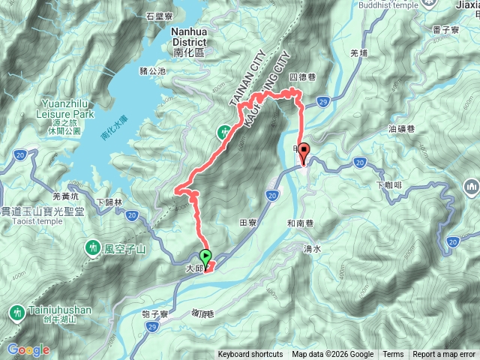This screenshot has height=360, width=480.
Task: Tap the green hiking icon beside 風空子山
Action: coord(92,246)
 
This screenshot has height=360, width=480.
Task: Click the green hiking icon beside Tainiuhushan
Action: coord(16,310)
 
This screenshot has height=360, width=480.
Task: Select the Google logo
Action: coord(28,349)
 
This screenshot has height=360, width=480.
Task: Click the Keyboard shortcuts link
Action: coord(250,355)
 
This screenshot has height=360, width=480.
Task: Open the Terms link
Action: coord(392,355)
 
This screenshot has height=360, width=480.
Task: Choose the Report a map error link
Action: coord(444,355)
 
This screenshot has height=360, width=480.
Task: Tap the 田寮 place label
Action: coord(247,222)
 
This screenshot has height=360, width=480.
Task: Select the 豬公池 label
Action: coord(152,71)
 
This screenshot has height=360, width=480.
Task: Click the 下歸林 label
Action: coord(109,202)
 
